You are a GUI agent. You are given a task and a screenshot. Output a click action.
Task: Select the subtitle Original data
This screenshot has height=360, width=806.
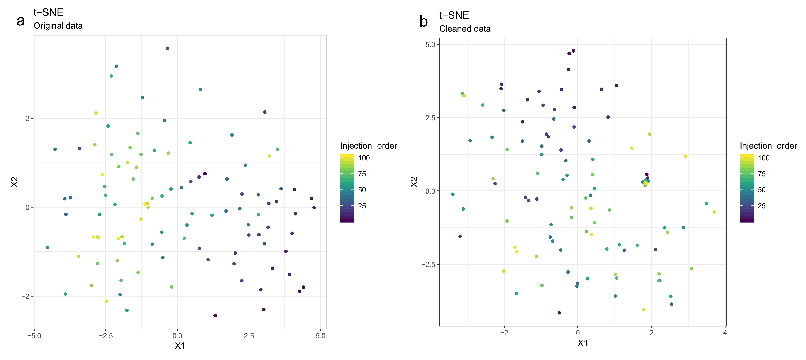point(58,26)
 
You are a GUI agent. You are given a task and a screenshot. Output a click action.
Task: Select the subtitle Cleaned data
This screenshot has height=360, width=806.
point(465,29)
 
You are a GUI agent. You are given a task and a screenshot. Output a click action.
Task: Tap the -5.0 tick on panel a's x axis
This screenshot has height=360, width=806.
point(34,336)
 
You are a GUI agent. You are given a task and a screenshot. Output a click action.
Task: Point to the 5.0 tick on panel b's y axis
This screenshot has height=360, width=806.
point(430,44)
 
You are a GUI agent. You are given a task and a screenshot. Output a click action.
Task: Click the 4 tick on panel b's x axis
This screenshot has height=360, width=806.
point(725,333)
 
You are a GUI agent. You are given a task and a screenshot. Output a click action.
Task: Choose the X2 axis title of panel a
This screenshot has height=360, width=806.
point(14,182)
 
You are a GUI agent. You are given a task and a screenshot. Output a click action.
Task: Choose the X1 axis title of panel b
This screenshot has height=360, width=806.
point(582,343)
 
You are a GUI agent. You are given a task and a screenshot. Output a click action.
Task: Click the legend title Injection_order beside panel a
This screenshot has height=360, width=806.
point(368,146)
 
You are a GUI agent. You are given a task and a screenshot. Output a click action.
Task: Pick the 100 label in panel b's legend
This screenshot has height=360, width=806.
point(764,158)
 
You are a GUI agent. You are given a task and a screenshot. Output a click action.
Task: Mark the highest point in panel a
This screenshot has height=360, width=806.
point(167,48)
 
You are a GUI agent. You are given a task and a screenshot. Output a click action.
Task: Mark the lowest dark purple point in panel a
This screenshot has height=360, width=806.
point(215,316)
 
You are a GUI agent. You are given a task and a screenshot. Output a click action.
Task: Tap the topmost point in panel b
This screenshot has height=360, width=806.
point(574,51)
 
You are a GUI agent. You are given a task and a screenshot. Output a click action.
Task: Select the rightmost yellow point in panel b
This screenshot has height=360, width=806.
point(714,212)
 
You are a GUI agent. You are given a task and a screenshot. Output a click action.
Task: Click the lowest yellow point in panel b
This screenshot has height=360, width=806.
point(644,310)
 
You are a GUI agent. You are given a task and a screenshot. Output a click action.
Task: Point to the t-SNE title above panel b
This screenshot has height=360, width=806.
point(454,15)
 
